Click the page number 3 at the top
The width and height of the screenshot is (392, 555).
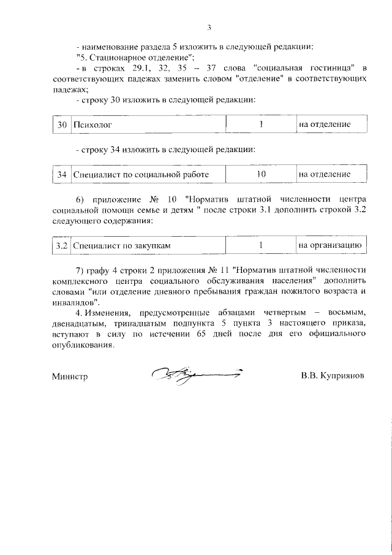pos(209,28)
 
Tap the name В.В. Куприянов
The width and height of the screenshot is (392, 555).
pos(333,376)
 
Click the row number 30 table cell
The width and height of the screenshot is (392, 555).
pos(61,124)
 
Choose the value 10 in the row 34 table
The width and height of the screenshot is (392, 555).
pos(260,174)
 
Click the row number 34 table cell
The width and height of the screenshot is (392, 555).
pos(61,175)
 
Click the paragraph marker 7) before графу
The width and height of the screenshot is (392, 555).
pos(80,270)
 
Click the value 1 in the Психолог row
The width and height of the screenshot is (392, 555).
pos(260,124)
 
